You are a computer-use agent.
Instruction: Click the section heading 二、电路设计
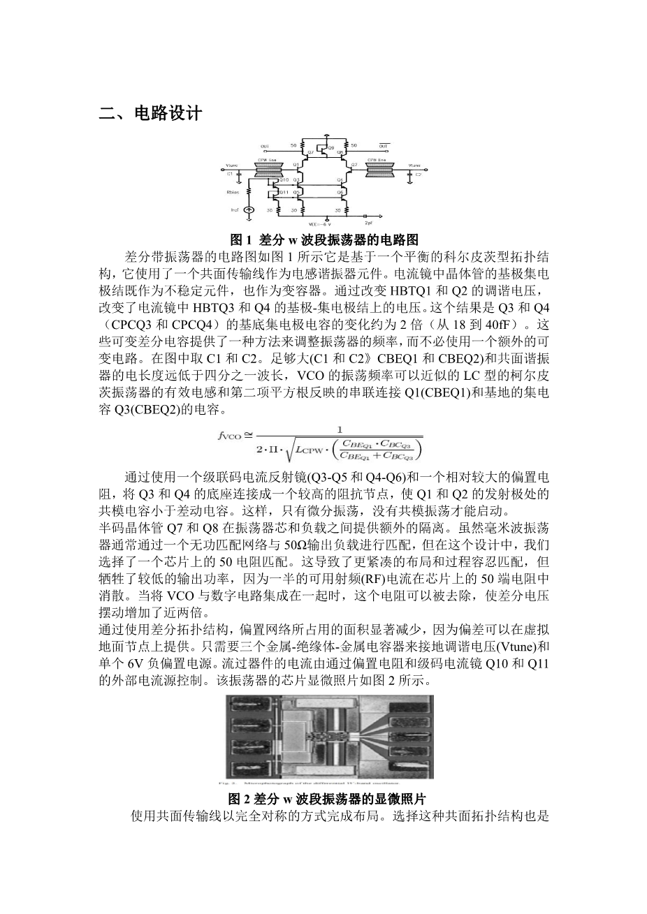point(150,113)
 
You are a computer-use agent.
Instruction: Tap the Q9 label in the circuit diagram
point(330,148)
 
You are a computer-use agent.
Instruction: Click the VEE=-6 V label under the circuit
point(319,223)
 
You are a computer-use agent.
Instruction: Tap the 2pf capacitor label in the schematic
point(379,223)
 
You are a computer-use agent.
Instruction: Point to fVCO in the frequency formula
point(230,436)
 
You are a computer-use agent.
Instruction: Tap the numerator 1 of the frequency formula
point(340,430)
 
